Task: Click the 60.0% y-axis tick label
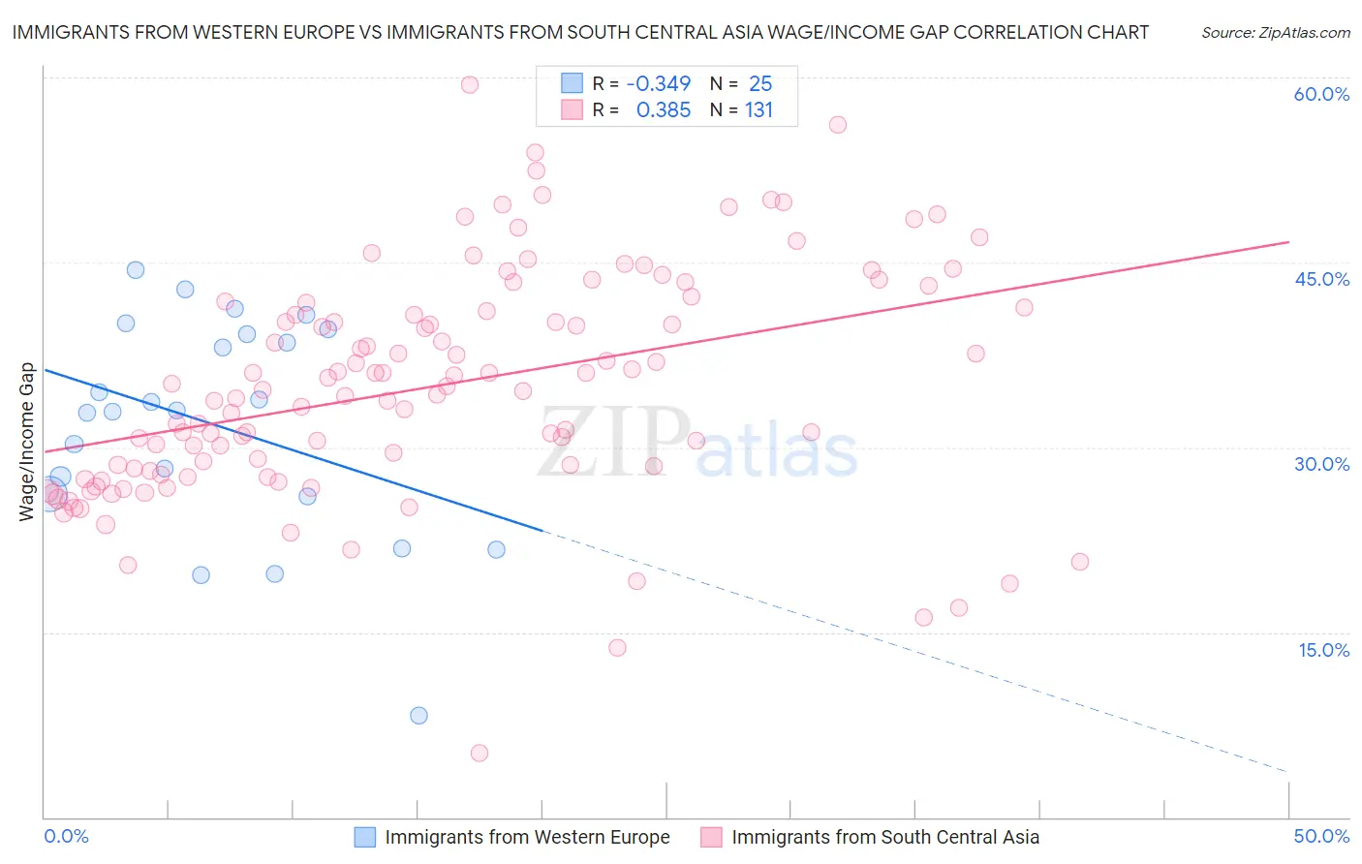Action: coord(1321,94)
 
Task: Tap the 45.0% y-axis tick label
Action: coord(1321,279)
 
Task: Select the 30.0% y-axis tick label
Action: coord(1321,464)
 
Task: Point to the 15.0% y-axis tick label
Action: coord(1323,650)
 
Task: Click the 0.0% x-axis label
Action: coord(67,836)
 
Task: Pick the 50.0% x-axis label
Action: coord(1321,836)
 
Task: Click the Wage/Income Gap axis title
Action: coord(27,442)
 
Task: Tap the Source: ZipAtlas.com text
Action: coord(1275,32)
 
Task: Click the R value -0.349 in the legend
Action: coord(659,84)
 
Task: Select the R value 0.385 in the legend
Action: coord(663,110)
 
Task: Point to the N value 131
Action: coord(758,110)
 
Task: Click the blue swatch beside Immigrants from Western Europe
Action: coord(364,837)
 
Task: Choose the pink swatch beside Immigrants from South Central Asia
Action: coord(711,837)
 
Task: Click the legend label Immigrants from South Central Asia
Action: coord(885,837)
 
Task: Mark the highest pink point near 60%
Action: coord(470,84)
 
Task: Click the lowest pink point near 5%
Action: coord(480,753)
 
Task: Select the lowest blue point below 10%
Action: coord(418,716)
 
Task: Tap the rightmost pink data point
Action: coord(1080,562)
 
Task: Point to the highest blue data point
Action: coord(136,270)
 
